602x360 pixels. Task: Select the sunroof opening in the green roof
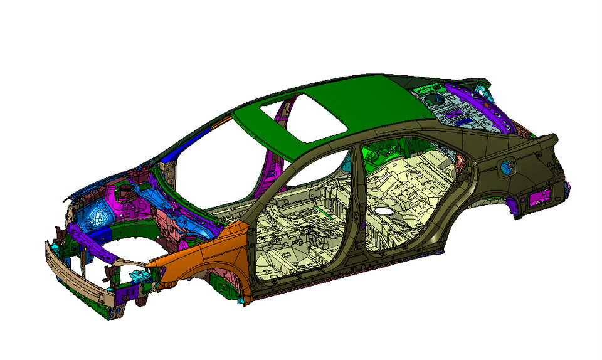[302, 117]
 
